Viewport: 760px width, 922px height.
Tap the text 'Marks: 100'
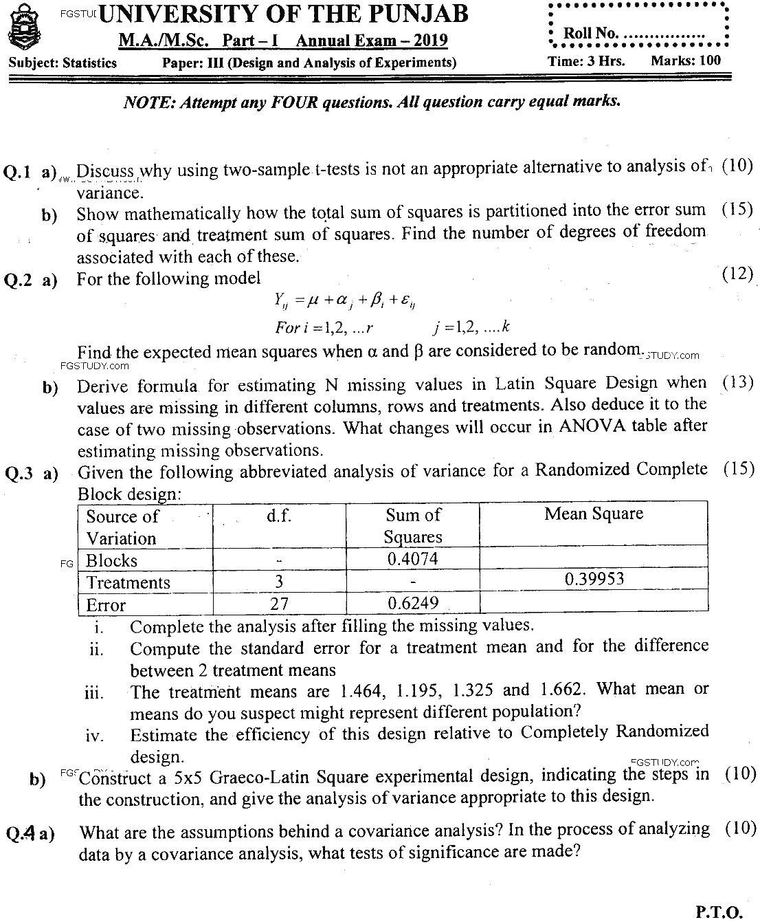pyautogui.click(x=685, y=61)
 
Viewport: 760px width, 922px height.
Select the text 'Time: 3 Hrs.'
pyautogui.click(x=586, y=61)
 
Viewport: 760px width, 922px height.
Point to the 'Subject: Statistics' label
pyautogui.click(x=63, y=63)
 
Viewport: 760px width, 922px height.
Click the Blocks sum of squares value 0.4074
pyautogui.click(x=412, y=559)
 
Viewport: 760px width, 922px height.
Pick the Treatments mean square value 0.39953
pyautogui.click(x=594, y=578)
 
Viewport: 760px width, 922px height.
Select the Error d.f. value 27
pyautogui.click(x=279, y=604)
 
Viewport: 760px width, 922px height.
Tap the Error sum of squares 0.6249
pyautogui.click(x=412, y=604)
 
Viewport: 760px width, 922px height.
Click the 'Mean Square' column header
pyautogui.click(x=594, y=514)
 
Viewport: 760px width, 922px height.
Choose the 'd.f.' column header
pyautogui.click(x=279, y=516)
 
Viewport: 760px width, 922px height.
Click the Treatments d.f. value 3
pyautogui.click(x=279, y=582)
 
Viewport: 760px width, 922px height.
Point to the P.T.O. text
pyautogui.click(x=719, y=912)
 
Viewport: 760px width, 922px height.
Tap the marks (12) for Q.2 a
pyautogui.click(x=738, y=274)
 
